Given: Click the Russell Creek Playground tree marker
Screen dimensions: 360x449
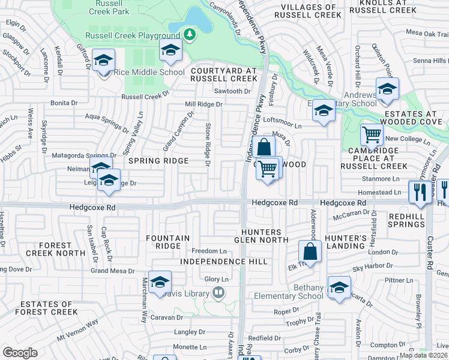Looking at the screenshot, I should (190, 35).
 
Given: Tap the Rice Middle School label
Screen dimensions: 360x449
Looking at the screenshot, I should (149, 73).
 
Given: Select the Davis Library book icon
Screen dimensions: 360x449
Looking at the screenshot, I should (218, 293).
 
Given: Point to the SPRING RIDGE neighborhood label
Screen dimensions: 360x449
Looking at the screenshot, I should (157, 161).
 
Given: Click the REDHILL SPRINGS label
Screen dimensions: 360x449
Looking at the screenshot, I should (398, 220).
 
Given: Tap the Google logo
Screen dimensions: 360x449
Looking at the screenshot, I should (20, 353).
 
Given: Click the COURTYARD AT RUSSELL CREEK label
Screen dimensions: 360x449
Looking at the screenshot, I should (223, 74).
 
